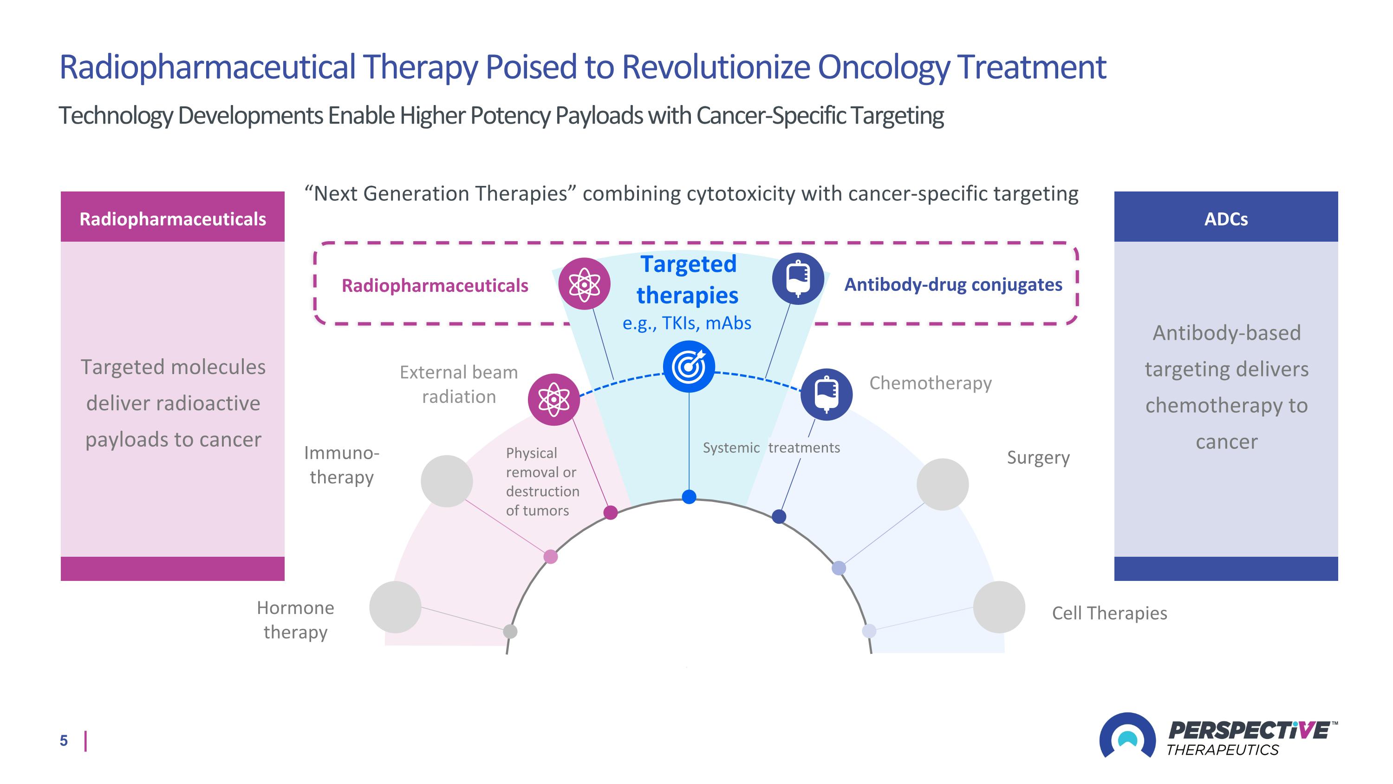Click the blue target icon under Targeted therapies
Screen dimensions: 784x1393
(x=689, y=366)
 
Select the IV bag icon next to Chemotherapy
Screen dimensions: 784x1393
(x=826, y=394)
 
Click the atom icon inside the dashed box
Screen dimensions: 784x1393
(x=584, y=283)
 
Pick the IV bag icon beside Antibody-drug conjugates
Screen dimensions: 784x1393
(x=798, y=279)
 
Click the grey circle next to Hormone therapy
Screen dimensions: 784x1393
(x=395, y=607)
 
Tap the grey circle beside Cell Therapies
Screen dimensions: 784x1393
(x=999, y=607)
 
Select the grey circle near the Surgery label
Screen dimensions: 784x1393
(x=942, y=484)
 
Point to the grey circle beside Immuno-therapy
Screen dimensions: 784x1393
(x=447, y=481)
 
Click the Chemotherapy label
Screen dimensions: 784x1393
(x=930, y=383)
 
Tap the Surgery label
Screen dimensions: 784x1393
(x=1038, y=458)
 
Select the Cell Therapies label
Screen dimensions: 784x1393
(x=1109, y=613)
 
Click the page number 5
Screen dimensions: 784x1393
(x=64, y=741)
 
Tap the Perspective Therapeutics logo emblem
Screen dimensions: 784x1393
(x=1127, y=737)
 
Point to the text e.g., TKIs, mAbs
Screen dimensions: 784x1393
(x=687, y=323)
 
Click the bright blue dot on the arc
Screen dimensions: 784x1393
(x=689, y=497)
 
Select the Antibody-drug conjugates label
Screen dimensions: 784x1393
(x=953, y=284)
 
